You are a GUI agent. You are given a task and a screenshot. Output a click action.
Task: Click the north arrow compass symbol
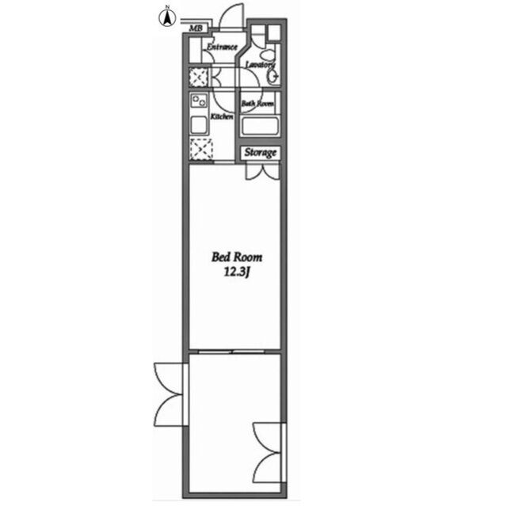click(x=167, y=17)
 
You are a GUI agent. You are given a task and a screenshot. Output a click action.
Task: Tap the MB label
click(x=196, y=29)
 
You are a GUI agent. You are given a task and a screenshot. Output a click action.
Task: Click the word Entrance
click(x=222, y=48)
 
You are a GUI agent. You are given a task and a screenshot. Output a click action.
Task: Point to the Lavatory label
click(x=260, y=65)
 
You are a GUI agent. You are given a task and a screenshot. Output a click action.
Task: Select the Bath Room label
click(x=257, y=104)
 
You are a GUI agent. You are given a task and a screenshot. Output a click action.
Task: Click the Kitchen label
click(x=222, y=116)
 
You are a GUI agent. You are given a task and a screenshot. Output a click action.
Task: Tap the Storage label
click(x=261, y=152)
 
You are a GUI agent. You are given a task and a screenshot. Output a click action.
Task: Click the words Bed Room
click(x=237, y=257)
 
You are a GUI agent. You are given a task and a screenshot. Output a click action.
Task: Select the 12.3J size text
click(x=238, y=272)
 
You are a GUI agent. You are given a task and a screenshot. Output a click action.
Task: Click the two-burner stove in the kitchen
click(x=199, y=101)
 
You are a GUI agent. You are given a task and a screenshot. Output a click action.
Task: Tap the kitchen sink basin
click(x=199, y=125)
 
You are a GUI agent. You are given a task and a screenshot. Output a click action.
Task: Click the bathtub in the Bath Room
click(x=260, y=127)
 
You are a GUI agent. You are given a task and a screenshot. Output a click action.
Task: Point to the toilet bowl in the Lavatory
click(x=266, y=55)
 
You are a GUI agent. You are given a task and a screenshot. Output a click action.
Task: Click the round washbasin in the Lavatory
click(x=273, y=77)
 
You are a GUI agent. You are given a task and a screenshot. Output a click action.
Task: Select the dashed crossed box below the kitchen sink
click(x=201, y=149)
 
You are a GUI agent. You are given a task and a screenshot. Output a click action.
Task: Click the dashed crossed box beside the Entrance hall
click(x=198, y=78)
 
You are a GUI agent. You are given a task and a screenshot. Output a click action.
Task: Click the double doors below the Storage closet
click(x=262, y=171)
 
